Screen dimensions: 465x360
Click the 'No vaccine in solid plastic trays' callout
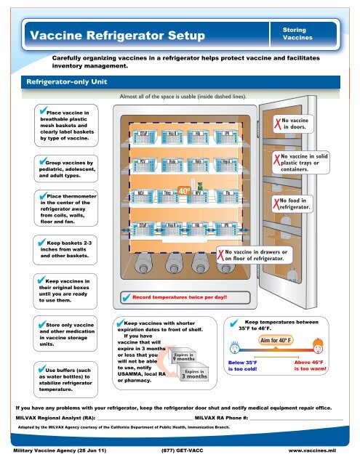pos(299,163)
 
